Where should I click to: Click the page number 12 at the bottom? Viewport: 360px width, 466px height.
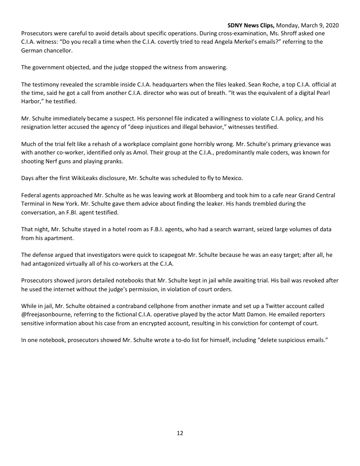pyautogui.click(x=180, y=433)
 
